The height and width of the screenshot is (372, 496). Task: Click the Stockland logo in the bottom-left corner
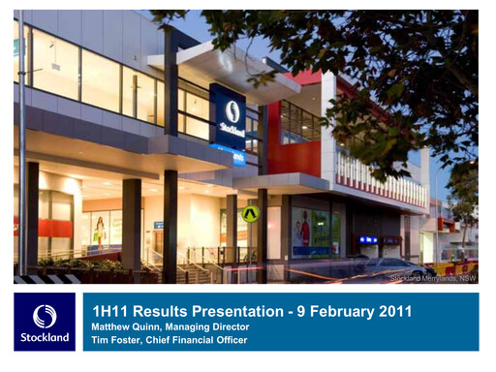pyautogui.click(x=45, y=322)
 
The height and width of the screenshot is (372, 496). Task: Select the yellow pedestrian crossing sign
pyautogui.click(x=251, y=213)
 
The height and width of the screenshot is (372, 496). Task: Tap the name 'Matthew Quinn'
pyautogui.click(x=125, y=327)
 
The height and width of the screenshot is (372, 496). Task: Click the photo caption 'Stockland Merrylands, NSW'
pyautogui.click(x=432, y=278)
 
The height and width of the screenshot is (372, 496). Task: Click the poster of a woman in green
pyautogui.click(x=99, y=231)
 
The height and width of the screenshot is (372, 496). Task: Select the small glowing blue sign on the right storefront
pyautogui.click(x=368, y=239)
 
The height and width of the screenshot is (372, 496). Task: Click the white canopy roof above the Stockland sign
pyautogui.click(x=218, y=63)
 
